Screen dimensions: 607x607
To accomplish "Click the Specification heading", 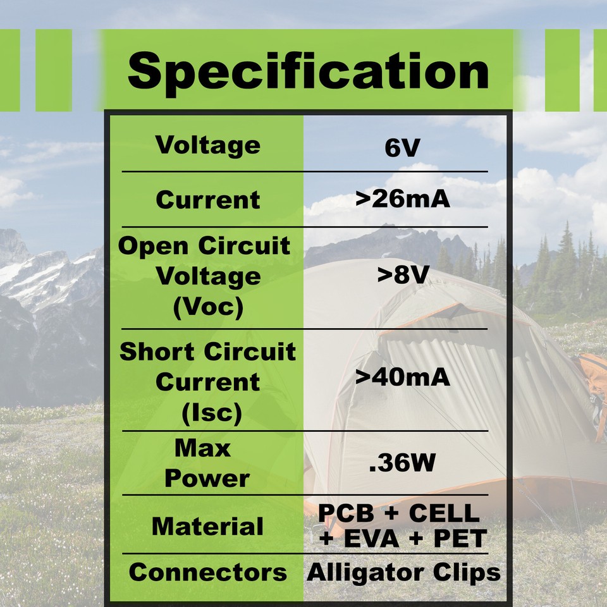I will pos(308,71).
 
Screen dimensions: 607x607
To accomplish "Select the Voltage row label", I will pos(208,145).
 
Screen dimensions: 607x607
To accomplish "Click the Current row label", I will pos(208,200).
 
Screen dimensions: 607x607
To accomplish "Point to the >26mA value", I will pos(402,199).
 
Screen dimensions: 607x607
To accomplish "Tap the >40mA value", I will pos(402,377).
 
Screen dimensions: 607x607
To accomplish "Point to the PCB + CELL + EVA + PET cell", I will pos(402,526).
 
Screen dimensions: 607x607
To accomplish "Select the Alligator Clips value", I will pos(403,573).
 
